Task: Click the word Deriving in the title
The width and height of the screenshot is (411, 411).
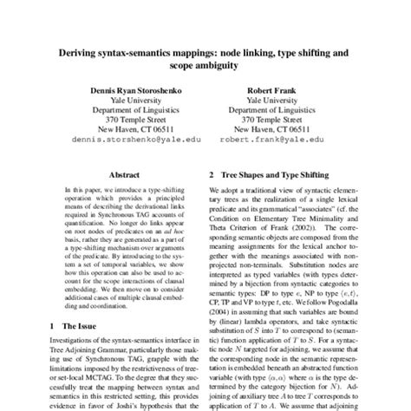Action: pyautogui.click(x=84, y=53)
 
